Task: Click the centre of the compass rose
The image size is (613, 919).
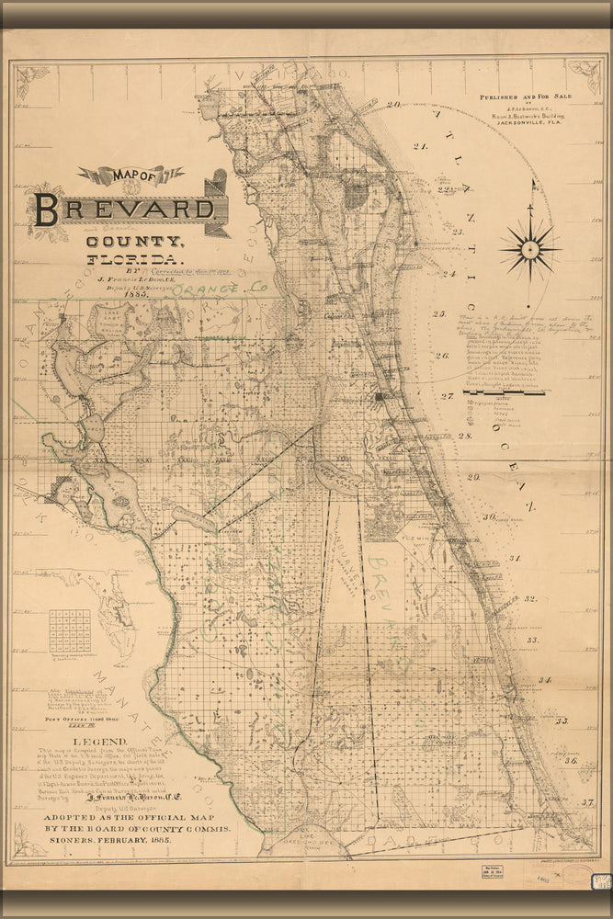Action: [530, 247]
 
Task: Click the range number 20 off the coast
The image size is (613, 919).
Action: [393, 105]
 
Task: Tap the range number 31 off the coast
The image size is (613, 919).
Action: [516, 558]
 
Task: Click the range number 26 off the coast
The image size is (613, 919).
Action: [442, 355]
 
